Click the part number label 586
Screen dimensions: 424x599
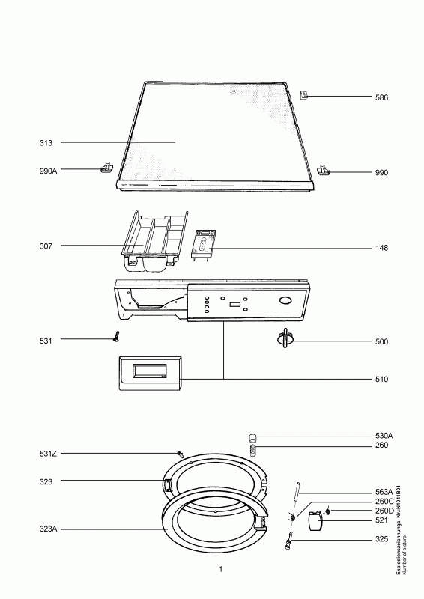[x=381, y=97]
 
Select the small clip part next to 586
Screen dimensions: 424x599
[x=303, y=95]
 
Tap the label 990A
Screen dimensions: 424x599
[x=48, y=171]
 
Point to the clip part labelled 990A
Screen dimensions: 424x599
[x=106, y=167]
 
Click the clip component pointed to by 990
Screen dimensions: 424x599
[x=323, y=171]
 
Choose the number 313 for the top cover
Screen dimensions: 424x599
[x=46, y=143]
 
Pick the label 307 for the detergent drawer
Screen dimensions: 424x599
[x=46, y=246]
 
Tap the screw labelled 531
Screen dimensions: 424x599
[x=116, y=336]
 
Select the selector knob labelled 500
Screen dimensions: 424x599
[x=285, y=338]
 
